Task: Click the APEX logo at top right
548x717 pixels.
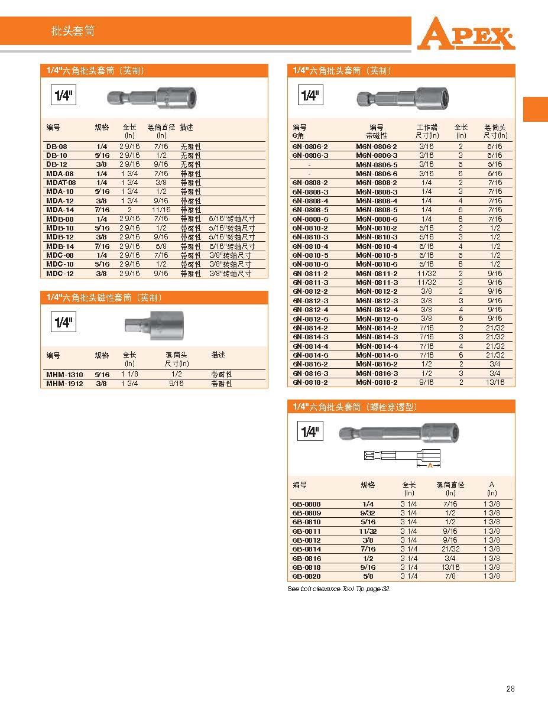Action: [x=465, y=34]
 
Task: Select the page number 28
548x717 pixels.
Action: [x=511, y=689]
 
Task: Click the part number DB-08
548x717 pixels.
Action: [x=57, y=146]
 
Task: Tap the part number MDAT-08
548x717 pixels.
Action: [x=61, y=183]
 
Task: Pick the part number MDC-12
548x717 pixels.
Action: [x=60, y=274]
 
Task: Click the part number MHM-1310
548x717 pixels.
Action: [x=64, y=375]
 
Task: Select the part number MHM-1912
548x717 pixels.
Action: [x=64, y=384]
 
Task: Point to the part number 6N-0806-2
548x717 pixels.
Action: [x=310, y=146]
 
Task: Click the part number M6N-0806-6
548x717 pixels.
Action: [x=377, y=174]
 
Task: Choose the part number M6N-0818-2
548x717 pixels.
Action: [x=377, y=382]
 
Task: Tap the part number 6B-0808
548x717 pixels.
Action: [x=306, y=504]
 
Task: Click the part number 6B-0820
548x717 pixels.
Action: [x=306, y=576]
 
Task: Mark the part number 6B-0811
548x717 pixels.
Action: [x=306, y=531]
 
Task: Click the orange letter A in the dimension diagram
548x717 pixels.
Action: [x=430, y=466]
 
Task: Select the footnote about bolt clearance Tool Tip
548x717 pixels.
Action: [x=339, y=589]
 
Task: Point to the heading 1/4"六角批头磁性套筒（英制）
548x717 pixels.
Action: [x=104, y=297]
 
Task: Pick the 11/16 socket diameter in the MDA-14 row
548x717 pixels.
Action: [x=161, y=210]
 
